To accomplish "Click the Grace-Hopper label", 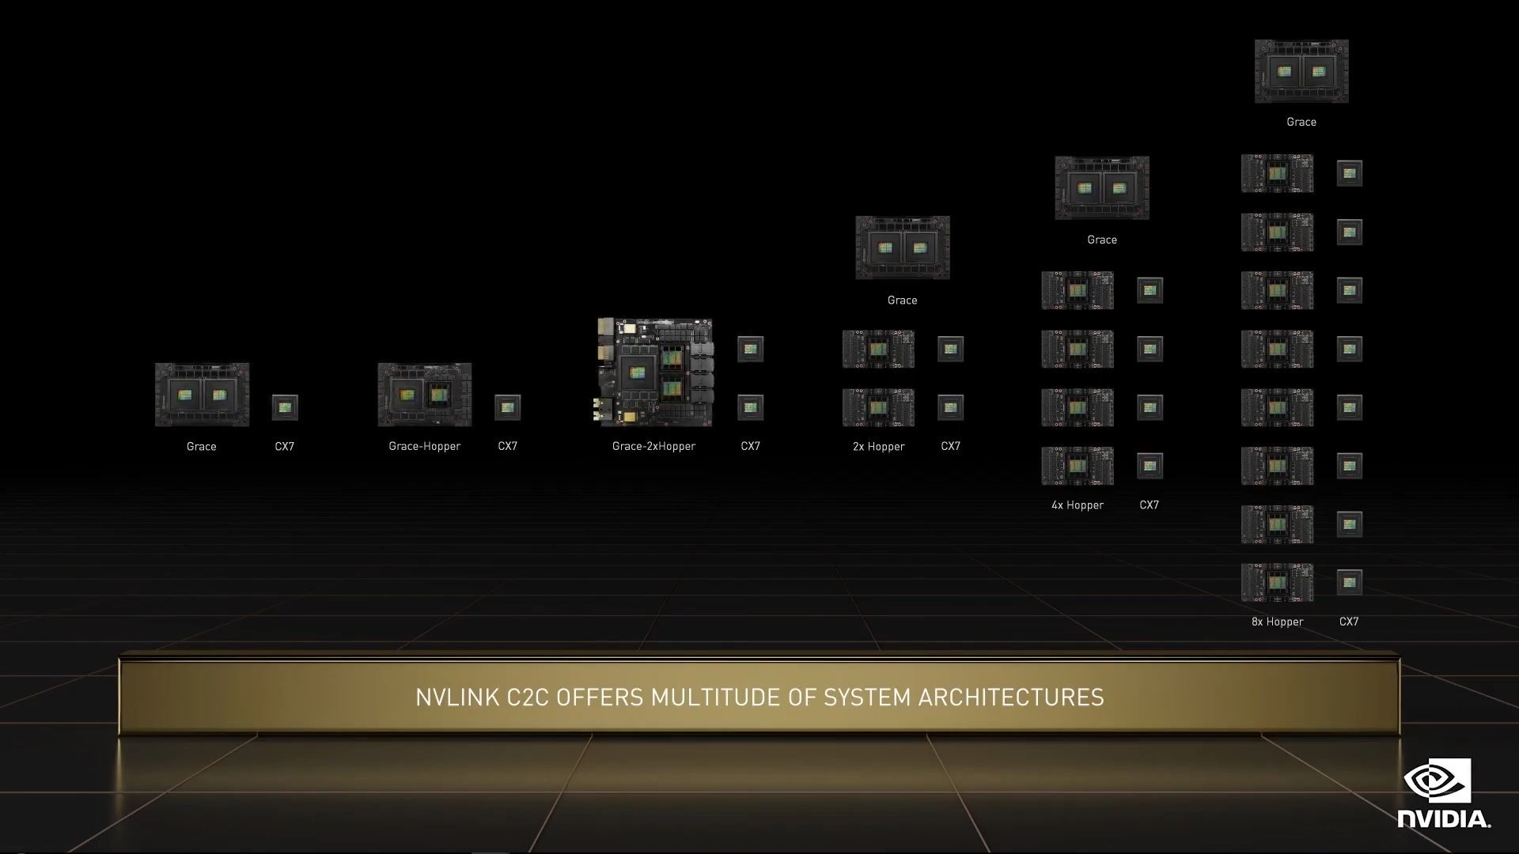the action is pyautogui.click(x=424, y=446).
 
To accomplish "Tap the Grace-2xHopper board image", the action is pyautogui.click(x=654, y=372).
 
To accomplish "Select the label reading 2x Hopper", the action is pyautogui.click(x=878, y=446).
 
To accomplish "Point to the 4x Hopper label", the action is pyautogui.click(x=1077, y=504).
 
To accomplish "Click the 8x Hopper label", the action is pyautogui.click(x=1277, y=622).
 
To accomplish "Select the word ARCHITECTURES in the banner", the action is pyautogui.click(x=1010, y=697).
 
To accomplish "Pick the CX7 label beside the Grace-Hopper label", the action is pyautogui.click(x=507, y=446).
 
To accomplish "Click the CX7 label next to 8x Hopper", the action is pyautogui.click(x=1349, y=622).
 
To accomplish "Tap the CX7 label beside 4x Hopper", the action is pyautogui.click(x=1149, y=504).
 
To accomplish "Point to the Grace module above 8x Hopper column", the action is pyautogui.click(x=1301, y=71).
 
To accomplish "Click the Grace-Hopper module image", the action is pyautogui.click(x=424, y=395).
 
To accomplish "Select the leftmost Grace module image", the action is pyautogui.click(x=202, y=395).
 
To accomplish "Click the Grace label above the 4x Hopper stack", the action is pyautogui.click(x=1102, y=240).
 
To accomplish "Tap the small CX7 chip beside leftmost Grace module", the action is pyautogui.click(x=285, y=407).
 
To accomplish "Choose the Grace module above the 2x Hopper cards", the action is pyautogui.click(x=903, y=248).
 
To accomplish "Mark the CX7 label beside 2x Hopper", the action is pyautogui.click(x=950, y=446).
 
